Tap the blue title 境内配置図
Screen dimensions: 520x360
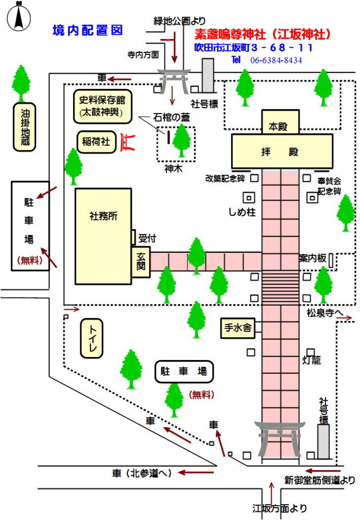click(87, 30)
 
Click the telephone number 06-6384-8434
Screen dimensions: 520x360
click(276, 60)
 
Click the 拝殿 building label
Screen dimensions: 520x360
click(282, 151)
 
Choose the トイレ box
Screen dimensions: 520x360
click(93, 338)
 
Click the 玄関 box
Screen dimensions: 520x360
click(141, 262)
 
